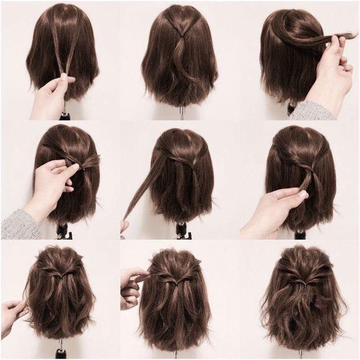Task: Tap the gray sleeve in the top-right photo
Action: [313, 110]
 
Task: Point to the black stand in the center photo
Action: [181, 229]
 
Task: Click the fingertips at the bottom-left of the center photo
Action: [124, 226]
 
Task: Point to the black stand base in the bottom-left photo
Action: [61, 353]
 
